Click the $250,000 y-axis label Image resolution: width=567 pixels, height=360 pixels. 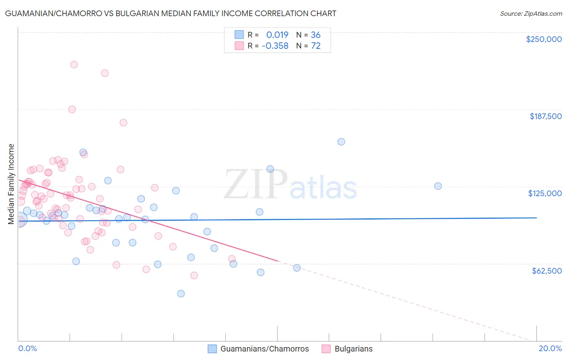tap(544, 39)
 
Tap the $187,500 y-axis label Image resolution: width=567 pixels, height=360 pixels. tap(545, 116)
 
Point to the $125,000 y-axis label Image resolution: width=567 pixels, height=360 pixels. tap(545, 193)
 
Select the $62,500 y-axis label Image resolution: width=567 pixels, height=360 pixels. tap(546, 271)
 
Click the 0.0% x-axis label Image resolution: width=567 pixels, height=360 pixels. tap(27, 348)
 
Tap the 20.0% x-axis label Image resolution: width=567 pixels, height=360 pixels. tap(550, 348)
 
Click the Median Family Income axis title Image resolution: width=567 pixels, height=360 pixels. tap(11, 184)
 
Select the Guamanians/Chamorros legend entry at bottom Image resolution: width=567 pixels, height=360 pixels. tap(264, 349)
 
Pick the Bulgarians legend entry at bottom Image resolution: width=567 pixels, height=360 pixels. tap(353, 349)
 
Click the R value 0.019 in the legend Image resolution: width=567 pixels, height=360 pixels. tap(277, 35)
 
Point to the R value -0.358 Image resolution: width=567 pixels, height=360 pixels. tap(275, 46)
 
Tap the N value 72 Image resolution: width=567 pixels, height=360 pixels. tap(316, 46)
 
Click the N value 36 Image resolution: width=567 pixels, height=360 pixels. tap(316, 35)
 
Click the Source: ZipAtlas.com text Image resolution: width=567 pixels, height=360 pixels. tap(531, 14)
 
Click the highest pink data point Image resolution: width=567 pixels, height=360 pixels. tap(74, 65)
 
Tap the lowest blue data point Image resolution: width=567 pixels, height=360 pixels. tap(181, 293)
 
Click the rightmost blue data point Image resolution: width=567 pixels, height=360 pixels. tap(438, 186)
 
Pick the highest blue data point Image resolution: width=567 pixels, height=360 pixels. tap(341, 142)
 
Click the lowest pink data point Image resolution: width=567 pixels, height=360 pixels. tap(194, 275)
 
